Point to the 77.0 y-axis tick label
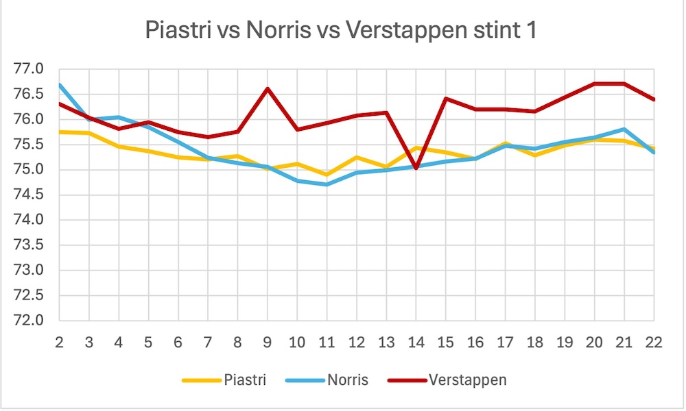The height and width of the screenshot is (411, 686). pos(29,69)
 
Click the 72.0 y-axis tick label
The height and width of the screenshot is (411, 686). pos(29,321)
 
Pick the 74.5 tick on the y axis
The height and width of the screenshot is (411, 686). pos(29,195)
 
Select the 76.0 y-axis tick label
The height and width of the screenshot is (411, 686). pos(29,120)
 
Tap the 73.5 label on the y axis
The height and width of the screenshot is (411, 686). pos(29,245)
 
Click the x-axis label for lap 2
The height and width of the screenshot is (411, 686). pos(60,343)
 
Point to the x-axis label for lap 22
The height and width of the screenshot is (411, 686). pos(654,343)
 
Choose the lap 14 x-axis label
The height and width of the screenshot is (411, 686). pos(416,343)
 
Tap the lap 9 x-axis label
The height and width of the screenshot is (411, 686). pos(268,343)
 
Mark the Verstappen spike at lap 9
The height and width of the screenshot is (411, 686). pos(268,88)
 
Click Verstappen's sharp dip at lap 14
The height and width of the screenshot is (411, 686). pos(416,167)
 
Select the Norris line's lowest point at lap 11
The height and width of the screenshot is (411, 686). pos(327,184)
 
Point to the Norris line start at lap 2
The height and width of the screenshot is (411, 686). pos(60,85)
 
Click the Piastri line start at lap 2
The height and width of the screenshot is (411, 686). pos(60,132)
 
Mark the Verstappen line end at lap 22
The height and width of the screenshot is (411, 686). pos(654,99)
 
